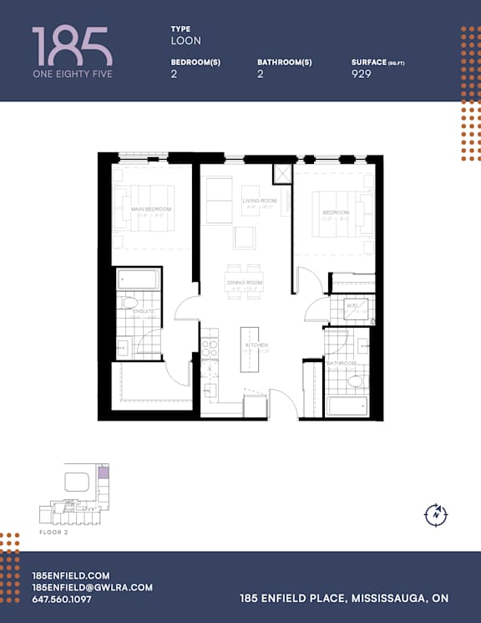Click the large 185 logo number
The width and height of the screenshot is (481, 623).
[x=72, y=45]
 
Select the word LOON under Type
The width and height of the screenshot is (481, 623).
[x=186, y=40]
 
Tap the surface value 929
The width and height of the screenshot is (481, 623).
[x=362, y=74]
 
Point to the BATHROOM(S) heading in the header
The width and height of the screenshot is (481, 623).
[x=285, y=63]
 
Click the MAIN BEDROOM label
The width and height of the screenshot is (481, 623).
[x=151, y=209]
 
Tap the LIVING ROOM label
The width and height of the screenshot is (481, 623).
[x=260, y=202]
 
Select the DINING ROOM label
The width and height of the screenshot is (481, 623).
[x=245, y=283]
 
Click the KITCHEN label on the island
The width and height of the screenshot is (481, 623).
[x=256, y=345]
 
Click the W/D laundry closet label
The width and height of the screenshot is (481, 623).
[x=352, y=306]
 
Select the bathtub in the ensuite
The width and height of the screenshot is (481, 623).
[x=138, y=279]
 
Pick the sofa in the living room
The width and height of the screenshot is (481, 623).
[x=219, y=200]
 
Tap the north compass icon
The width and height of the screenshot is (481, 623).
[x=436, y=514]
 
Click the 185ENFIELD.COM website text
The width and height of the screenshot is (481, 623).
[x=70, y=575]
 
